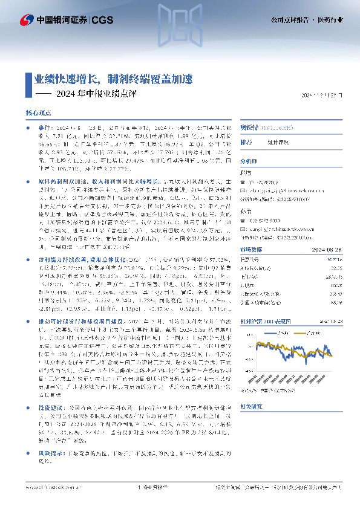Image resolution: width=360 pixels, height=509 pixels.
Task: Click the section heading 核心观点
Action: [x=38, y=113]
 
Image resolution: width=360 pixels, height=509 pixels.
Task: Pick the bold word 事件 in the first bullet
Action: [x=44, y=129]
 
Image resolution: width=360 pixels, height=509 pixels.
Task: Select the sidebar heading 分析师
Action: [x=249, y=161]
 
